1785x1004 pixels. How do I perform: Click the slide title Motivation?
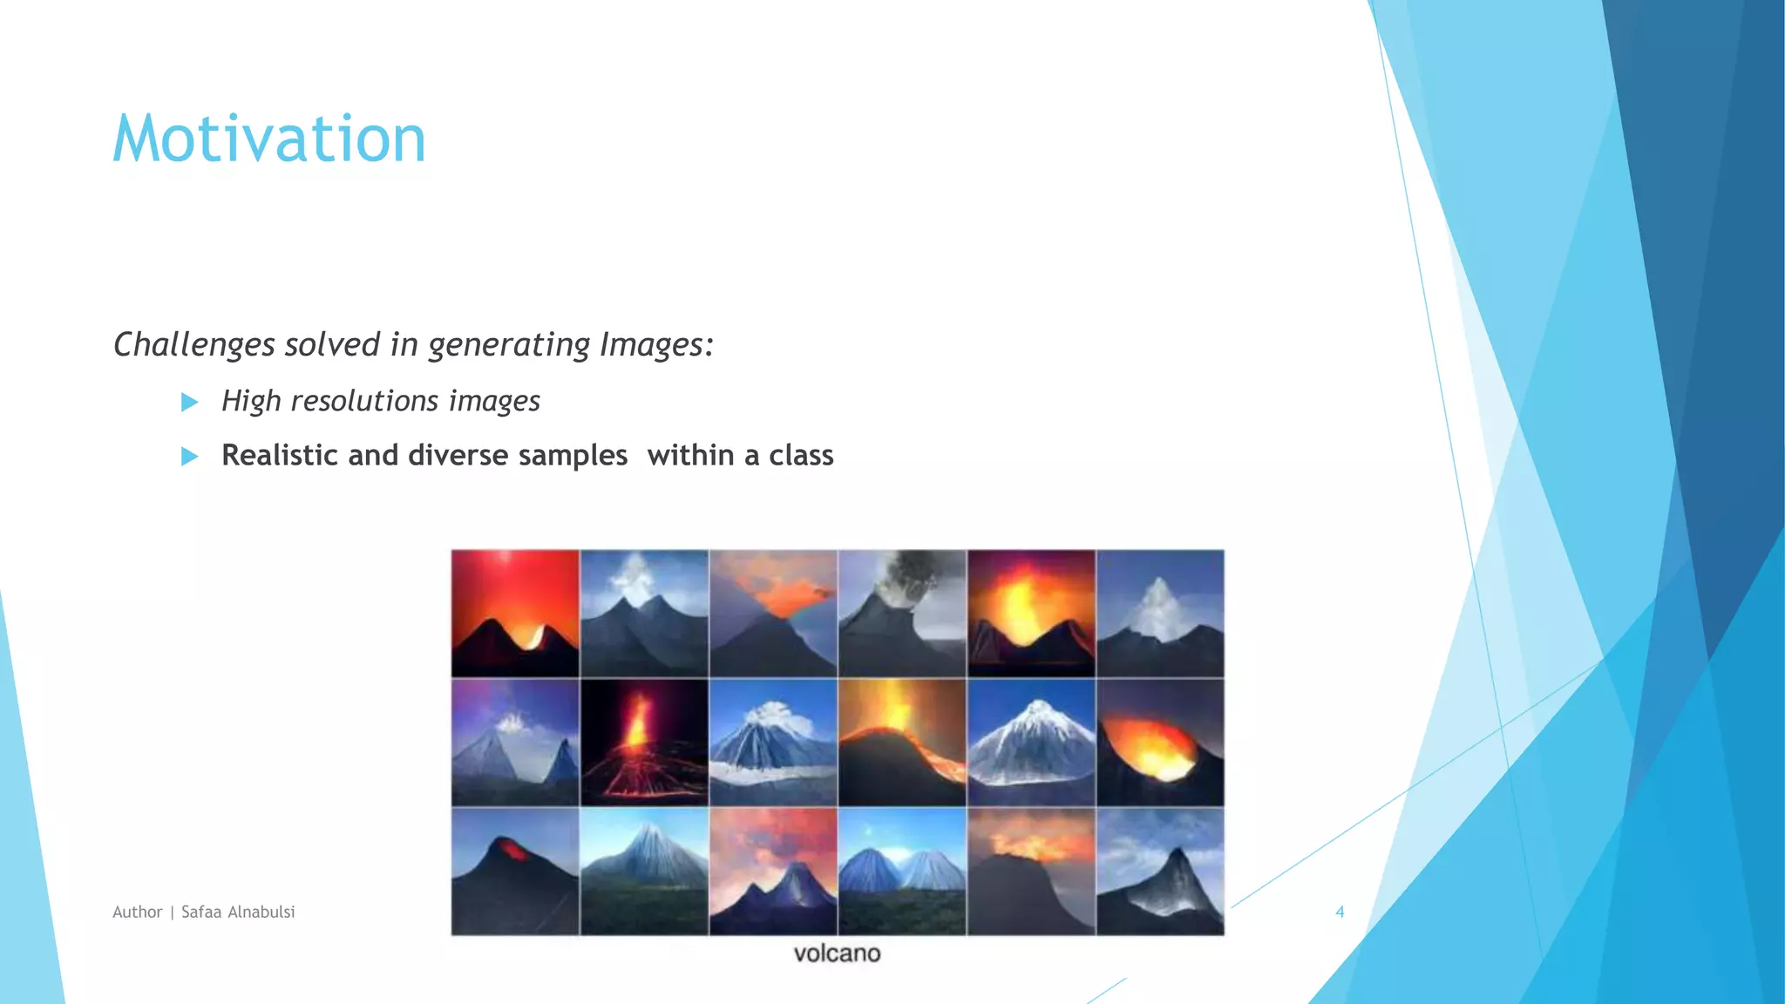(x=269, y=139)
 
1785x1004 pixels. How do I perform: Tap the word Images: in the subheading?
(x=656, y=345)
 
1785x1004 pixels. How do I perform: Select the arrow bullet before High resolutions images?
(x=189, y=402)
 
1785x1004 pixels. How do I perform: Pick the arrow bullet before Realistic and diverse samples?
(x=189, y=456)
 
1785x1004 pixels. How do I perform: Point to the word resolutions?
(x=364, y=401)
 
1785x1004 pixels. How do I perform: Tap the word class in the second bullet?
(x=801, y=455)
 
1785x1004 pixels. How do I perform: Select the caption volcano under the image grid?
(x=837, y=953)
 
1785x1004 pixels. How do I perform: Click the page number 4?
(x=1340, y=912)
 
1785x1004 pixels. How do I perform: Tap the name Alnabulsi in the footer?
(x=261, y=912)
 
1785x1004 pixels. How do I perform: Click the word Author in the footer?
(x=138, y=912)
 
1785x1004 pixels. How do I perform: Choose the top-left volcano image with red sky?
(x=515, y=614)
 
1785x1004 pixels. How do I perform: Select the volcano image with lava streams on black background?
(x=644, y=743)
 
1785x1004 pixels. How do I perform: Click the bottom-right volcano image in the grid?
(x=1160, y=872)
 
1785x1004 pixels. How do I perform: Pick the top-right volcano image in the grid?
(x=1160, y=614)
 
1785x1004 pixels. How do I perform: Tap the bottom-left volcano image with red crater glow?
(x=515, y=872)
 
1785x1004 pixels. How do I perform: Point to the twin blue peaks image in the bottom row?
(x=902, y=872)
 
